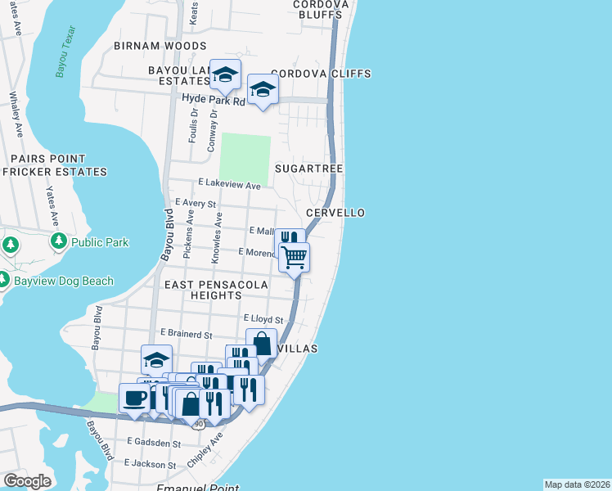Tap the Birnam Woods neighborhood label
[x=160, y=47]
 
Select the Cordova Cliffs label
[x=321, y=74]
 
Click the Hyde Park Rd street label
[x=214, y=100]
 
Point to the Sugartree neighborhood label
[x=308, y=168]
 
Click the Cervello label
[x=335, y=213]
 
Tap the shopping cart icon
[x=295, y=257]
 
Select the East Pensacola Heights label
[x=216, y=290]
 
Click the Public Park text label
[x=100, y=242]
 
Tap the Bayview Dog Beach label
[x=64, y=282]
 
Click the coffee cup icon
[x=135, y=398]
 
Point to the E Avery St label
[x=196, y=203]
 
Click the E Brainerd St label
[x=187, y=334]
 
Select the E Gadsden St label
[x=154, y=443]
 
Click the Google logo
[x=27, y=481]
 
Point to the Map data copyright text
[x=577, y=484]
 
